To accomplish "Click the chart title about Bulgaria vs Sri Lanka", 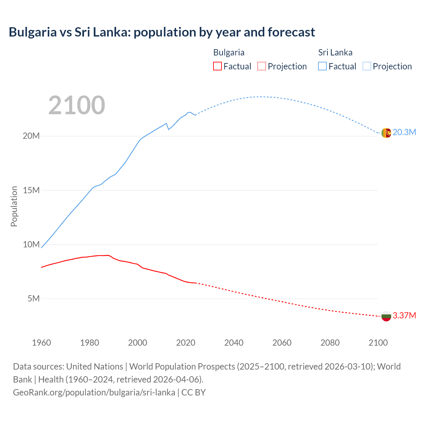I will (162, 32).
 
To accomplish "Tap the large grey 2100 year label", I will (77, 105).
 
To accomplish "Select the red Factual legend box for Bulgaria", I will (217, 66).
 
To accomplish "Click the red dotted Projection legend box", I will (262, 66).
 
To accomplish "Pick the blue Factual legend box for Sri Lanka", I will (322, 66).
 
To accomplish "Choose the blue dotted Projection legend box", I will (367, 66).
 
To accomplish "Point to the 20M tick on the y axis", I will (31, 136).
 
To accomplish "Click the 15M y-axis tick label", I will (31, 190).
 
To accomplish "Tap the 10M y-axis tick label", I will (31, 244).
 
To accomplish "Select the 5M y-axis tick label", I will (34, 298).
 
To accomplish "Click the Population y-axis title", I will (14, 206).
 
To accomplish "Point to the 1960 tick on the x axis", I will (42, 343).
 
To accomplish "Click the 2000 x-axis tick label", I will (137, 343).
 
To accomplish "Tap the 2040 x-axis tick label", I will (234, 343).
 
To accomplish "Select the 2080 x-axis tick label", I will (330, 343).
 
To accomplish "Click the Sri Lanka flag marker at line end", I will (386, 133).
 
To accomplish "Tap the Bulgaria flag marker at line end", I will (386, 316).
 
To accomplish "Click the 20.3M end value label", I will (404, 132).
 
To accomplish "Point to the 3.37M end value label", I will (404, 316).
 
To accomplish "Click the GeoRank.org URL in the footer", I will (94, 392).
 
